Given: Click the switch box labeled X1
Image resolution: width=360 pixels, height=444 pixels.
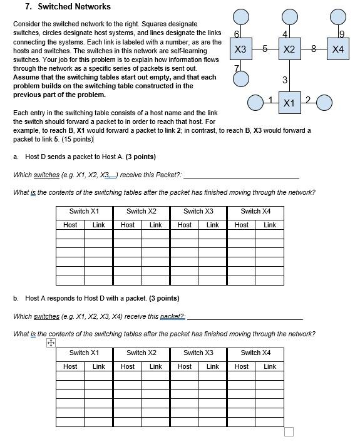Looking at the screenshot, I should click(289, 102).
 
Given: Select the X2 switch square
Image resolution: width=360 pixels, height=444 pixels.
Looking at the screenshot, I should click(289, 49).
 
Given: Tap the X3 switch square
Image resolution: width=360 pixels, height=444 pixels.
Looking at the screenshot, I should click(240, 49).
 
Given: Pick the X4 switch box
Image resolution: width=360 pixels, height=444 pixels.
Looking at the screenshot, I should click(337, 49).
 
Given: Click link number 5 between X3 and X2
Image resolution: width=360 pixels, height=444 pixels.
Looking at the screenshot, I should click(265, 48).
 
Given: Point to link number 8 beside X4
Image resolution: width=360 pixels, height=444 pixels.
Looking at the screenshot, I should click(313, 48).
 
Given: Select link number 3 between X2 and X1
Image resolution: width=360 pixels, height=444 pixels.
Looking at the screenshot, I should click(285, 80).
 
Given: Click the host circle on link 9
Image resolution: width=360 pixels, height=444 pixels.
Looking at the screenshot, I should click(337, 17).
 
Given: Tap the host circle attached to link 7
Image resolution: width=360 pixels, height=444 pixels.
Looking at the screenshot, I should click(240, 78).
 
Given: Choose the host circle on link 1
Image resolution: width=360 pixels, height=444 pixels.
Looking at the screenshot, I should click(255, 101).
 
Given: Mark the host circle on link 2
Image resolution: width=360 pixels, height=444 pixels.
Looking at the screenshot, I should click(324, 101).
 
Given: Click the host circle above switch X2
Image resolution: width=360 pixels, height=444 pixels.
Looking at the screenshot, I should click(289, 17).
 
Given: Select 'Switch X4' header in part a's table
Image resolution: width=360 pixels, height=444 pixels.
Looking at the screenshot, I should click(255, 212).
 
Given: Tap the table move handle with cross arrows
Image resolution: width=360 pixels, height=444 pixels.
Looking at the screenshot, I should click(51, 343).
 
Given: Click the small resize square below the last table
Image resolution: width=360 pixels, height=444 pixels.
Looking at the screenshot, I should click(289, 431).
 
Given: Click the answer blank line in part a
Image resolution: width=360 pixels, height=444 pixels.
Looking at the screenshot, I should click(241, 177).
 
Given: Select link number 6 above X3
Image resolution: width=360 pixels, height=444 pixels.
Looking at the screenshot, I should click(236, 33).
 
